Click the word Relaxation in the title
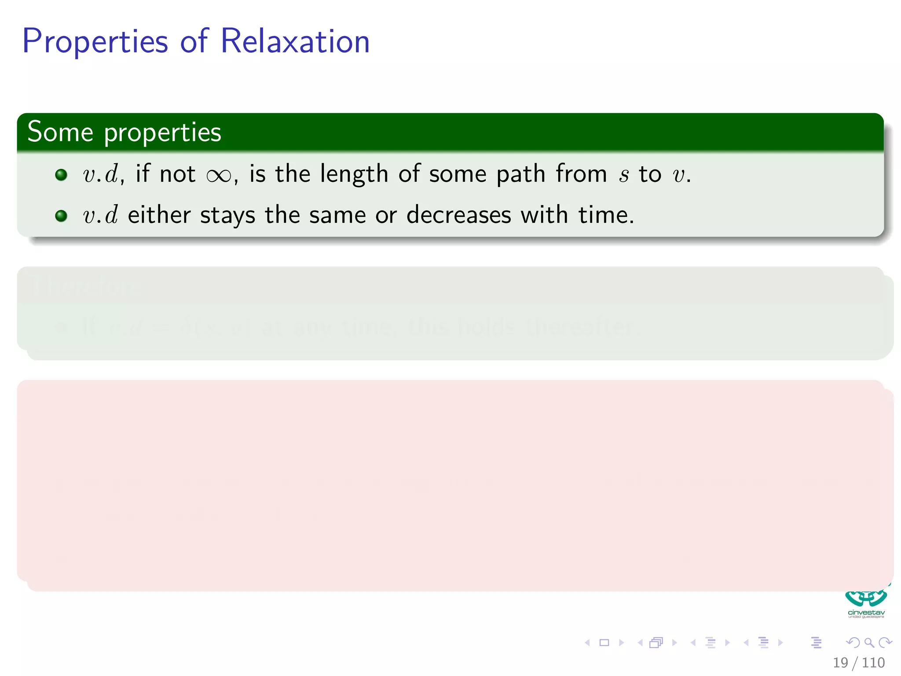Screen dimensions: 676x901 point(295,41)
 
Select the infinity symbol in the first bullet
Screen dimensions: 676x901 point(219,176)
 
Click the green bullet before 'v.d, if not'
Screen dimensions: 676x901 point(61,175)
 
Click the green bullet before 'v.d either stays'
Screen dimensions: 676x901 point(61,216)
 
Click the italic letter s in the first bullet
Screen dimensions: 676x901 point(623,175)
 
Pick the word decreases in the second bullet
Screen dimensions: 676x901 point(458,215)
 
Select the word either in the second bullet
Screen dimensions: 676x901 point(159,215)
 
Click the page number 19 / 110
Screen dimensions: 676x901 point(858,662)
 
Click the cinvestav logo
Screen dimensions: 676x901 point(866,603)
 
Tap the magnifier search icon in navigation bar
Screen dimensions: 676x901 point(869,643)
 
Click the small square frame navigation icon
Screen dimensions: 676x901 point(604,643)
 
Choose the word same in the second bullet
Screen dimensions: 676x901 point(337,216)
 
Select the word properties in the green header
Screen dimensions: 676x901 point(162,132)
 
